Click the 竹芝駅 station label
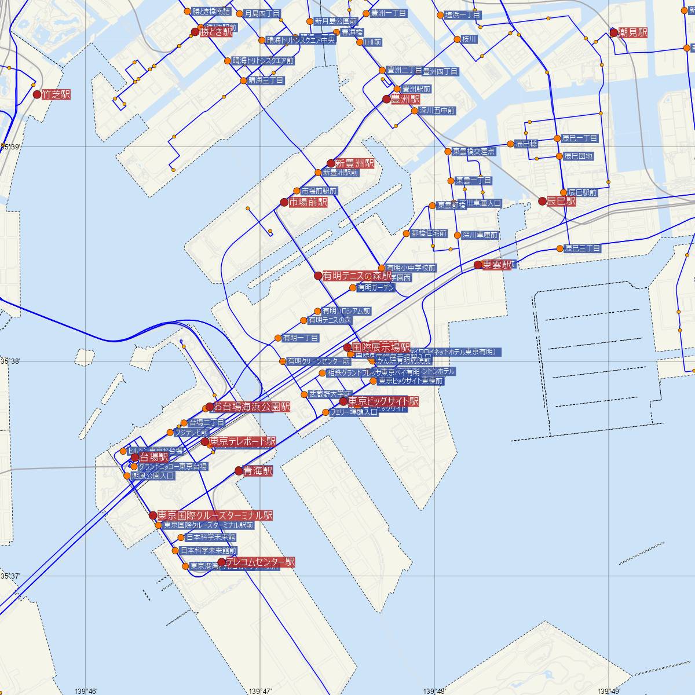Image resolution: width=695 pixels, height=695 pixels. (56, 94)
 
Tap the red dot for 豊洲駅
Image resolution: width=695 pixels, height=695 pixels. (386, 99)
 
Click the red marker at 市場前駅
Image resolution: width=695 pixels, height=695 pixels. (284, 202)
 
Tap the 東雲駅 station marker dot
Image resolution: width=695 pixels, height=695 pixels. (477, 265)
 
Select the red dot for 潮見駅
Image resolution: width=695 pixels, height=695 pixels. (614, 33)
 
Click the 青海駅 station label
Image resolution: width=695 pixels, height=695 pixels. (258, 471)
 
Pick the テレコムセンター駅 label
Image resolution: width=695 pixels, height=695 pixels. (260, 562)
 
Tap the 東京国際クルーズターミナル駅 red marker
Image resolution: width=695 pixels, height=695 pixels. (153, 515)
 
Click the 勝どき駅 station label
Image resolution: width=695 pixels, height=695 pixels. (215, 33)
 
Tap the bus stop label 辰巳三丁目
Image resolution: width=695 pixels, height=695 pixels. (582, 248)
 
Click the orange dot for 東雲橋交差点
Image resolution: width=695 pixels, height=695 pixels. (448, 152)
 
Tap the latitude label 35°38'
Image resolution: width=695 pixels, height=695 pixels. (10, 361)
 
